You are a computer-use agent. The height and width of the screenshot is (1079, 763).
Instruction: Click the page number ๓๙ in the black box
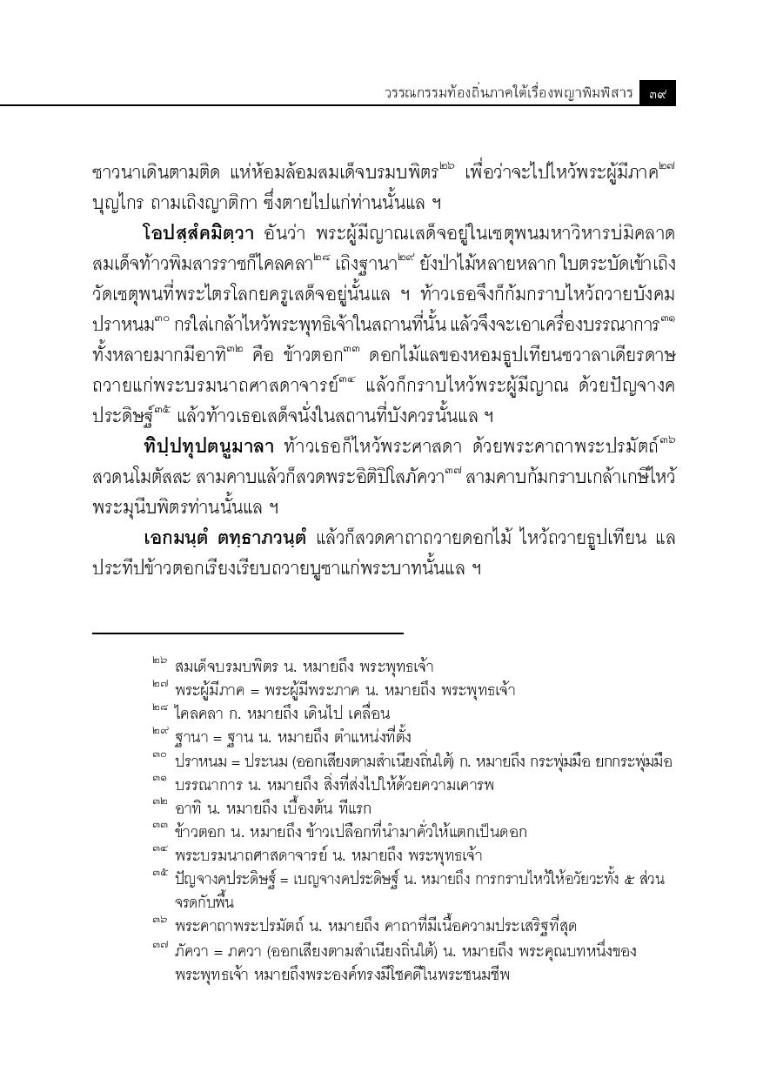click(657, 91)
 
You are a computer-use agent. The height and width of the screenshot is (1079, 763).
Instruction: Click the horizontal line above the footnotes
click(247, 633)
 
